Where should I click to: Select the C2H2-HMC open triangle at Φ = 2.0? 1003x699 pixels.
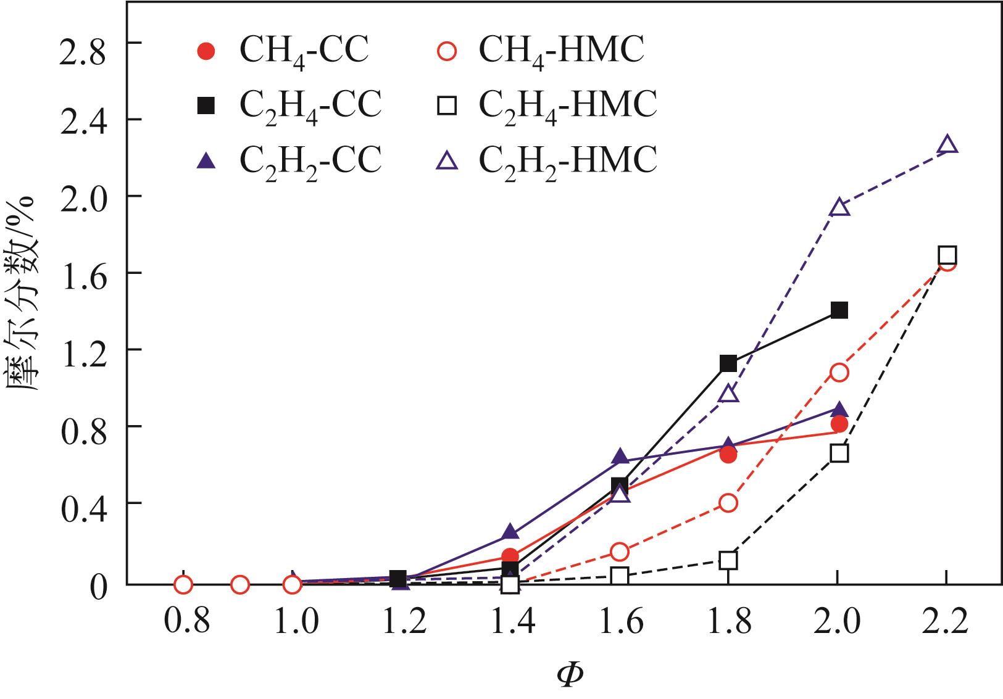pos(839,207)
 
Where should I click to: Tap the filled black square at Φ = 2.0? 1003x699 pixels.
pos(839,310)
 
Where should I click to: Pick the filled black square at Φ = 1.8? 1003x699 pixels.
pos(728,363)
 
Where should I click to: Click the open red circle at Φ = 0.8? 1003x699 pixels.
pos(183,584)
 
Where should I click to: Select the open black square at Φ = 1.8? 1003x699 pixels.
pos(728,560)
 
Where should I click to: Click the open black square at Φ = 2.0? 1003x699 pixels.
pos(839,453)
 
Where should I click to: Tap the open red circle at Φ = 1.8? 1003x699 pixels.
pos(728,503)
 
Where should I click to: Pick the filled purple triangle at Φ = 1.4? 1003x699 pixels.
pos(510,532)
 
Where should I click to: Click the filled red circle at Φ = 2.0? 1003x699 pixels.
pos(839,424)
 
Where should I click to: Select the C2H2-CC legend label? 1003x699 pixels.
pos(310,160)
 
